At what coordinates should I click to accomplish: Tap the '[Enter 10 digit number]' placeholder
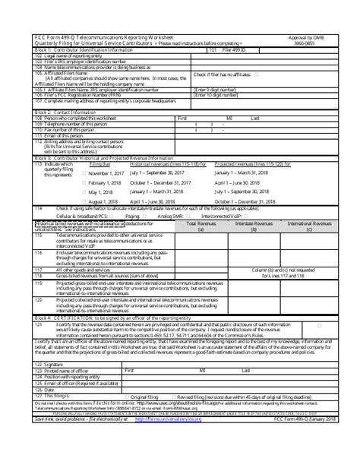point(220,94)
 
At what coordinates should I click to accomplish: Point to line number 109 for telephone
point(39,123)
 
